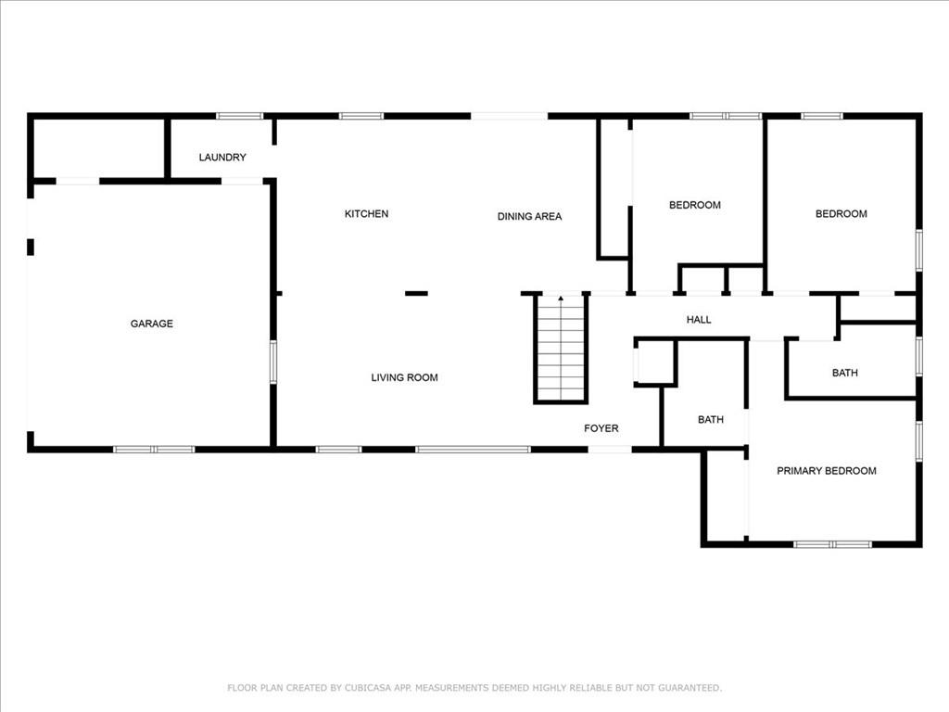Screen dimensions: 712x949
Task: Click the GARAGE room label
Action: pyautogui.click(x=151, y=324)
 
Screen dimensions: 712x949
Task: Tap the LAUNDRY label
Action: pyautogui.click(x=222, y=158)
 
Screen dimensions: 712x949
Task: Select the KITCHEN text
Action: pyautogui.click(x=366, y=214)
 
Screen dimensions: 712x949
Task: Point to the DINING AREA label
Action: pyautogui.click(x=529, y=217)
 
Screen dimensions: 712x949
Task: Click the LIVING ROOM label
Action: pyautogui.click(x=404, y=377)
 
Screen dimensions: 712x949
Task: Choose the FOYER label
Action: pyautogui.click(x=601, y=428)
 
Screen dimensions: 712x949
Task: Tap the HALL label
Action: pyautogui.click(x=699, y=320)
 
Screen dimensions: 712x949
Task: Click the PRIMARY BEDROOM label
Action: pyautogui.click(x=826, y=471)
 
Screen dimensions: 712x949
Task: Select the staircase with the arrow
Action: pyautogui.click(x=561, y=350)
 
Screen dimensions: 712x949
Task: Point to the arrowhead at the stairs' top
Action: pyautogui.click(x=561, y=299)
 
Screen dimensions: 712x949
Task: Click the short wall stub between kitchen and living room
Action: pyautogui.click(x=416, y=294)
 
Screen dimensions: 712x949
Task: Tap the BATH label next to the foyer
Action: pyautogui.click(x=711, y=420)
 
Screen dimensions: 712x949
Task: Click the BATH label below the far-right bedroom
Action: pyautogui.click(x=844, y=373)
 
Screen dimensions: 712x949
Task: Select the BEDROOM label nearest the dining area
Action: pyautogui.click(x=694, y=205)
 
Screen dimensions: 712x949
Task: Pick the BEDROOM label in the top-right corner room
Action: pyautogui.click(x=841, y=214)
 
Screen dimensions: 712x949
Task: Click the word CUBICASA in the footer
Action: pyautogui.click(x=366, y=688)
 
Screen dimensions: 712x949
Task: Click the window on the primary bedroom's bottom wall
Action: pyautogui.click(x=832, y=544)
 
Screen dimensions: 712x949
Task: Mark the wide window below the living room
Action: pyautogui.click(x=473, y=450)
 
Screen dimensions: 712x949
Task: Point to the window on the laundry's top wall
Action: pyautogui.click(x=240, y=116)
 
